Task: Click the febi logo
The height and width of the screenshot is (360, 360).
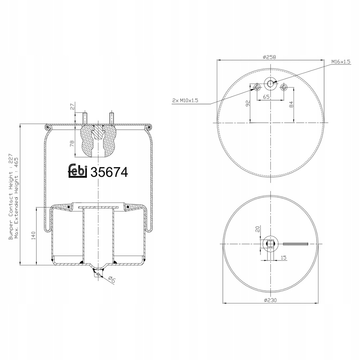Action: [78, 171]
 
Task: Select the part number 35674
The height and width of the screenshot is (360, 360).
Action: [109, 172]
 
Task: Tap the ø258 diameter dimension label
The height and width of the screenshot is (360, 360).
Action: [270, 57]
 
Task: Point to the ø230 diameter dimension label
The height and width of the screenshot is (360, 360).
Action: [270, 300]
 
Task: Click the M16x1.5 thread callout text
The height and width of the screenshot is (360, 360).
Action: [341, 62]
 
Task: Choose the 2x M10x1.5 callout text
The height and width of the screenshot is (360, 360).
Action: [185, 100]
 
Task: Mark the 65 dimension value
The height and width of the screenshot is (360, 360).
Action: [266, 97]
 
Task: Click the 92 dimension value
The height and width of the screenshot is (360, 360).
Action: [247, 103]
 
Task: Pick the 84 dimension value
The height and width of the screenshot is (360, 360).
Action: [291, 104]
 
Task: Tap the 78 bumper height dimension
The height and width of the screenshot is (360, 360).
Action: [72, 144]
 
